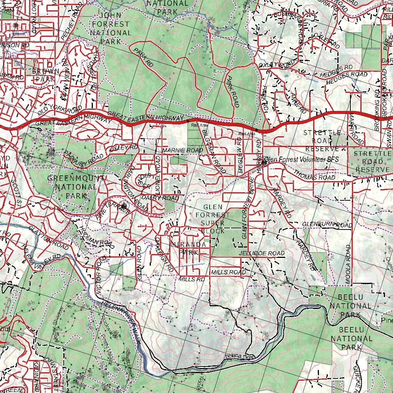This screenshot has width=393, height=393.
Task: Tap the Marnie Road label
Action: [182, 150]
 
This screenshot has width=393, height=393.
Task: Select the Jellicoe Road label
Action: [262, 253]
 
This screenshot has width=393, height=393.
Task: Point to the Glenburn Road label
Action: [327, 225]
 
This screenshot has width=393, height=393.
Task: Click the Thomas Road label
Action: [315, 175]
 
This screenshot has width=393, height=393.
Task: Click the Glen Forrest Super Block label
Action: [212, 219]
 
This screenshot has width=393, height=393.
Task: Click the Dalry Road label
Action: [160, 198]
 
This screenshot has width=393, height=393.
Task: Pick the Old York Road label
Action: [60, 111]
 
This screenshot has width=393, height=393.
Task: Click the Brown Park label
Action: [46, 75]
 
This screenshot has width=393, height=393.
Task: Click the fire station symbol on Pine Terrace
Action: [124, 206]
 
